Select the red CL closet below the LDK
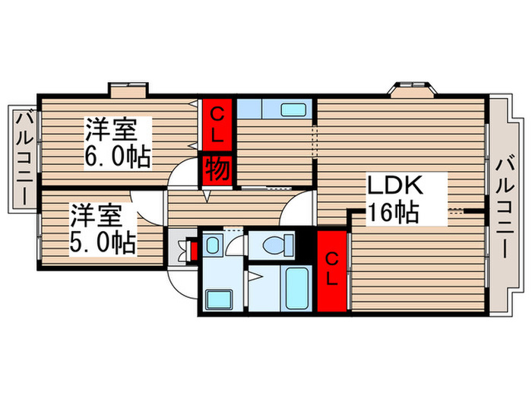(x=331, y=269)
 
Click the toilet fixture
(x=273, y=245)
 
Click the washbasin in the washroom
(x=214, y=245)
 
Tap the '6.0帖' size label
(x=118, y=158)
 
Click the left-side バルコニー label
(x=24, y=157)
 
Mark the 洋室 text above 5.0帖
(x=97, y=215)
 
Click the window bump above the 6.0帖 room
(x=127, y=91)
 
